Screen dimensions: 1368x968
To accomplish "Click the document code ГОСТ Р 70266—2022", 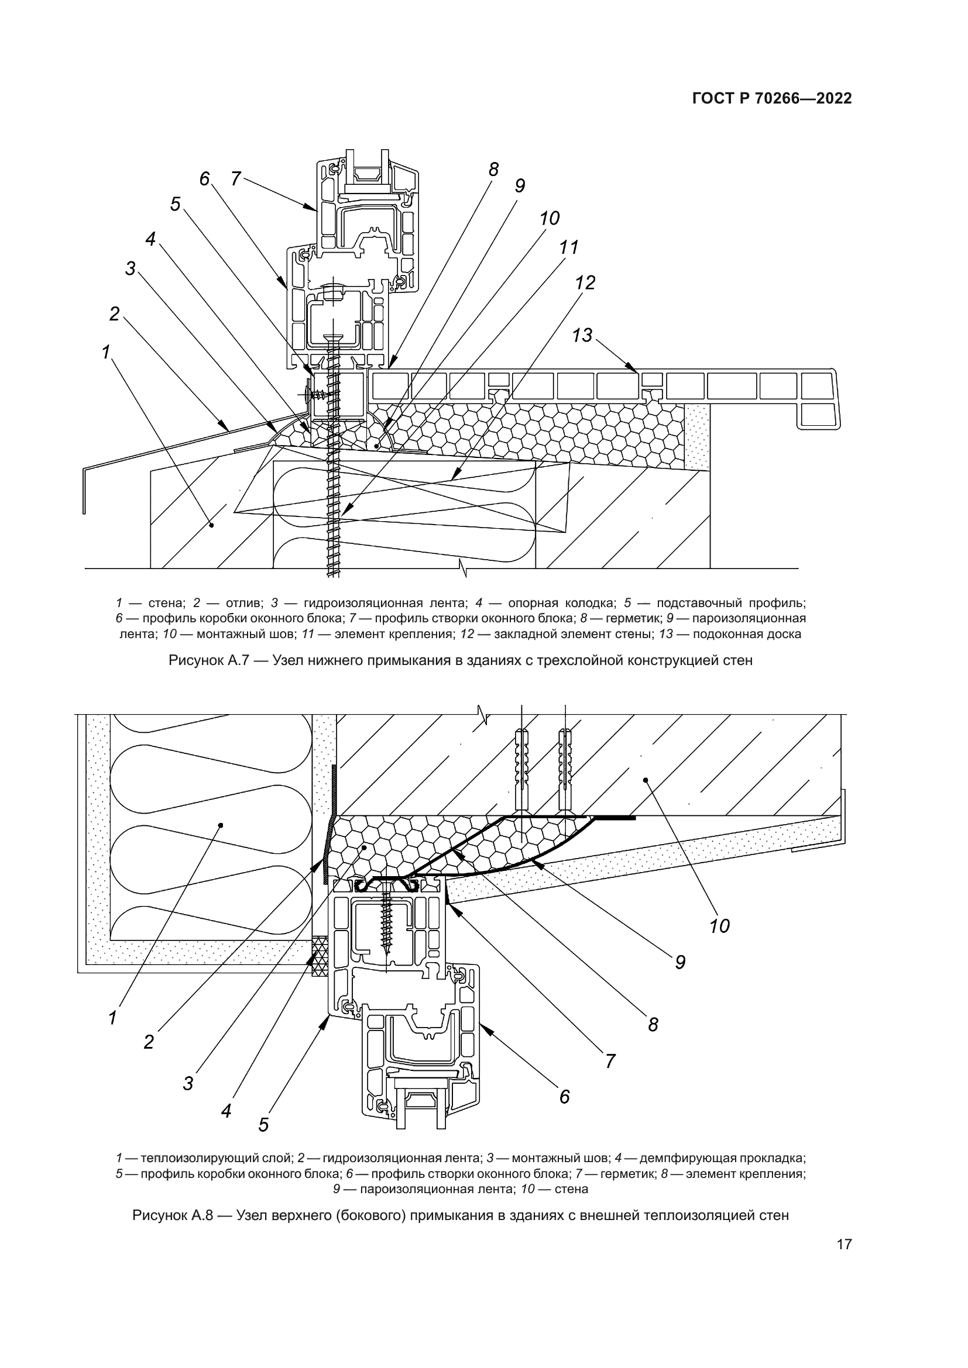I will (772, 99).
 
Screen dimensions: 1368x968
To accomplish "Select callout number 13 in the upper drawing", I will (582, 336).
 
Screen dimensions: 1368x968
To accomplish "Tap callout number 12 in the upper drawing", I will (585, 282).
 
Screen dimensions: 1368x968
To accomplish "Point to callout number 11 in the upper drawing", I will (569, 247).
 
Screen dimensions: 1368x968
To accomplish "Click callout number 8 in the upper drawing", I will (493, 170).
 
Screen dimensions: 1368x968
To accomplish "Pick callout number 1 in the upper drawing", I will (106, 353).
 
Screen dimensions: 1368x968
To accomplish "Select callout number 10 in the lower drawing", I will (719, 926).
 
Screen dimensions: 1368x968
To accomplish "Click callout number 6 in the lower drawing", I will (564, 1097).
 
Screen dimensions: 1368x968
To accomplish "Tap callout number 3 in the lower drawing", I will (188, 1084).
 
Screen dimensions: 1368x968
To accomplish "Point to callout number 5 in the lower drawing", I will (263, 1125).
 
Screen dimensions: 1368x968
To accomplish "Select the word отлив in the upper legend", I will (240, 603).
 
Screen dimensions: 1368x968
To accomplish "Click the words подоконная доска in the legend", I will (747, 634).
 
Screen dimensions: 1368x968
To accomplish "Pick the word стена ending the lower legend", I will (571, 1189).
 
